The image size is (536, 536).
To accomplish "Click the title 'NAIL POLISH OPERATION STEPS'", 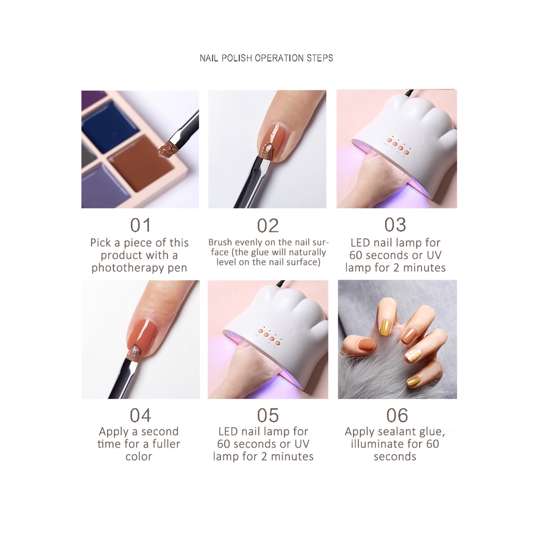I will [x=266, y=58].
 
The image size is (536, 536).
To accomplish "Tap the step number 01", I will [x=140, y=225].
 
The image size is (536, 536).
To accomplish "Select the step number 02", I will [x=268, y=225].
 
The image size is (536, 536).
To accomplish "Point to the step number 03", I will [x=395, y=225].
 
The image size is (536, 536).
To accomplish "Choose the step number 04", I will [x=140, y=415].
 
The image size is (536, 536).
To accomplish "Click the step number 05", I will [x=268, y=415].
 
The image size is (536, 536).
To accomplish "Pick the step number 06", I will [x=397, y=415].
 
